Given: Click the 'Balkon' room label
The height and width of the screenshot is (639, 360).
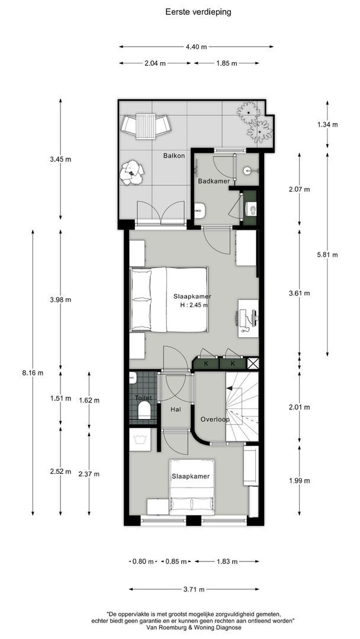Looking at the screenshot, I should click(x=174, y=156).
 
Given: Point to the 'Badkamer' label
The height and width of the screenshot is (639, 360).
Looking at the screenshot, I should click(x=214, y=181).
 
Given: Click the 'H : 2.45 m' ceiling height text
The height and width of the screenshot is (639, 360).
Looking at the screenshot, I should click(x=192, y=305).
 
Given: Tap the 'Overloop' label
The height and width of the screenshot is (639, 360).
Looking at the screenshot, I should click(x=214, y=418).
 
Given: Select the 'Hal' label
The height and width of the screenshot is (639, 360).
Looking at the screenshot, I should click(x=176, y=409).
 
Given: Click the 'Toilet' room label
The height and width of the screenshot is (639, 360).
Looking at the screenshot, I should click(x=143, y=398).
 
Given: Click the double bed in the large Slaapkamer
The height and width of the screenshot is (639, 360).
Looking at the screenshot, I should click(x=169, y=299).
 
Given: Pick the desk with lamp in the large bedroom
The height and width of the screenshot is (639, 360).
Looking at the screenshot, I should click(x=248, y=318).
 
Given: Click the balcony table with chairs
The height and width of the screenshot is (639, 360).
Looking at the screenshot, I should click(x=146, y=125).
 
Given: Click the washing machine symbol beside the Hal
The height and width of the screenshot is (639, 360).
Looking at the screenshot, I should click(x=140, y=440).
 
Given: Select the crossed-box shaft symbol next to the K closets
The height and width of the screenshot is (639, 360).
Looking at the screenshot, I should click(x=253, y=364).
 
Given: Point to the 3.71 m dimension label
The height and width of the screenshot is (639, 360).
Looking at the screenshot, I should click(x=194, y=589).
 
